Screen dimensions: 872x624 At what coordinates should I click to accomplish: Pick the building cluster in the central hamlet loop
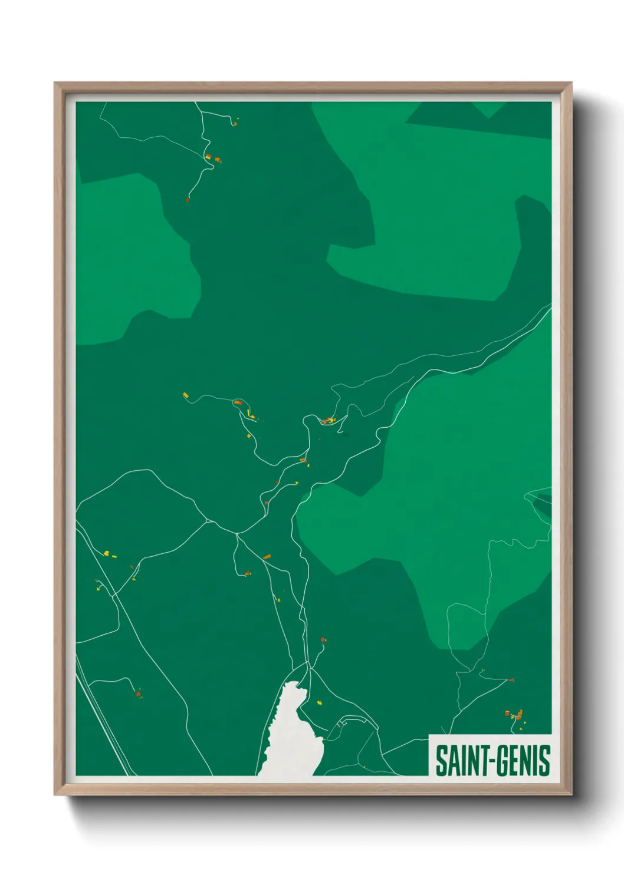pyautogui.click(x=328, y=421)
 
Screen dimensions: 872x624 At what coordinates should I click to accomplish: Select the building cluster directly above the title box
pyautogui.click(x=515, y=715)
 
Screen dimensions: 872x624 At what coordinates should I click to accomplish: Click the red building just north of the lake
pyautogui.click(x=323, y=640)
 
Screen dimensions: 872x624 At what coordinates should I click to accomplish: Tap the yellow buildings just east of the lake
pyautogui.click(x=320, y=702)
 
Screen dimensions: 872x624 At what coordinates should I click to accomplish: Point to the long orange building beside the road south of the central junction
pyautogui.click(x=267, y=556)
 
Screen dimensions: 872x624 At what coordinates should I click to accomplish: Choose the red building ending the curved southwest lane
pyautogui.click(x=138, y=694)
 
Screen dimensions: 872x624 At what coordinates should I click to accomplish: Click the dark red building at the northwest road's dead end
pyautogui.click(x=188, y=200)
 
